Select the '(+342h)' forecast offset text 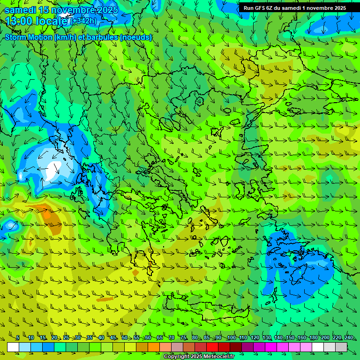pyautogui.click(x=84, y=21)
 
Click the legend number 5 pyautogui.click(x=18, y=338)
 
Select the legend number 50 pyautogui.click(x=125, y=338)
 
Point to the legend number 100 pyautogui.click(x=232, y=338)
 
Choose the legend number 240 pyautogui.click(x=349, y=338)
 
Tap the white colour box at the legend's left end pyautogui.click(x=13, y=347)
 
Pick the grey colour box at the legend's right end pyautogui.click(x=341, y=347)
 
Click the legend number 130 pyautogui.click(x=267, y=338)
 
